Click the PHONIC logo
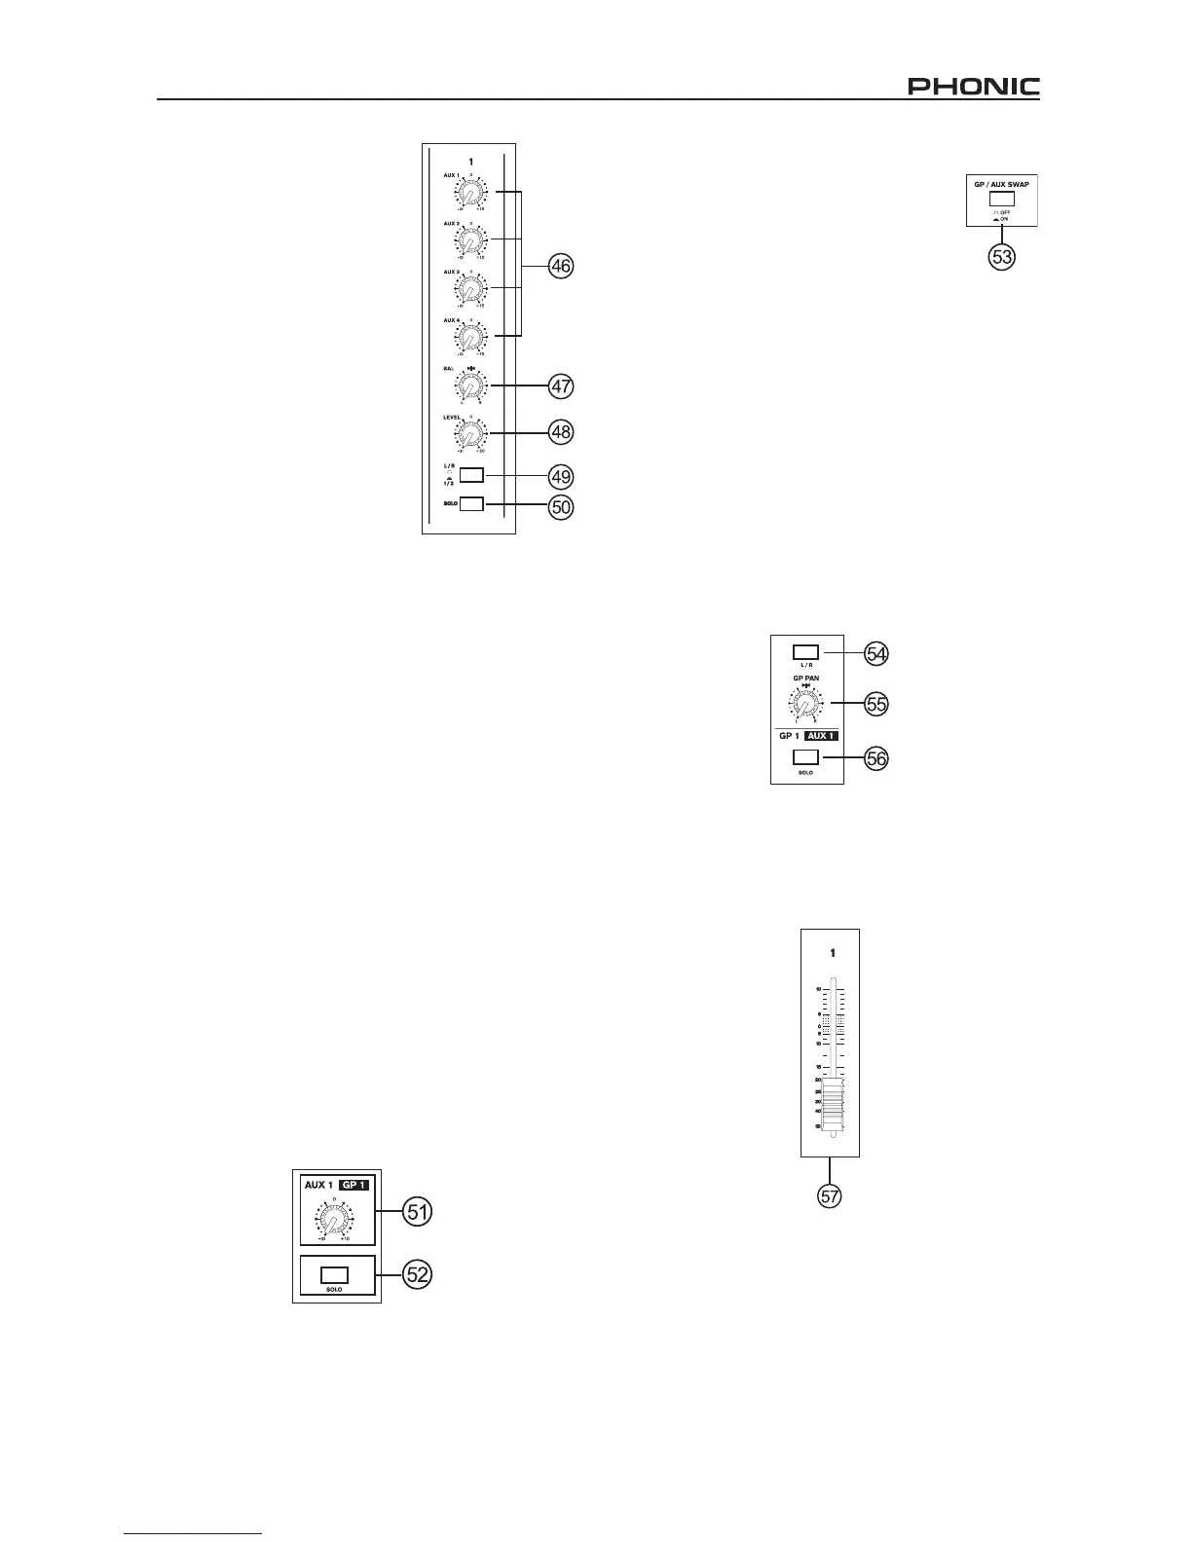point(973,87)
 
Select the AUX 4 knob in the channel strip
point(469,337)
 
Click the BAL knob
point(469,386)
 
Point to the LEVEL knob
point(469,433)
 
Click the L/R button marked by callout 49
point(471,475)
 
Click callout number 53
point(1002,257)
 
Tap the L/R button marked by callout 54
point(805,651)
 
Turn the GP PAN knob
point(805,703)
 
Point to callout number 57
point(829,1196)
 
